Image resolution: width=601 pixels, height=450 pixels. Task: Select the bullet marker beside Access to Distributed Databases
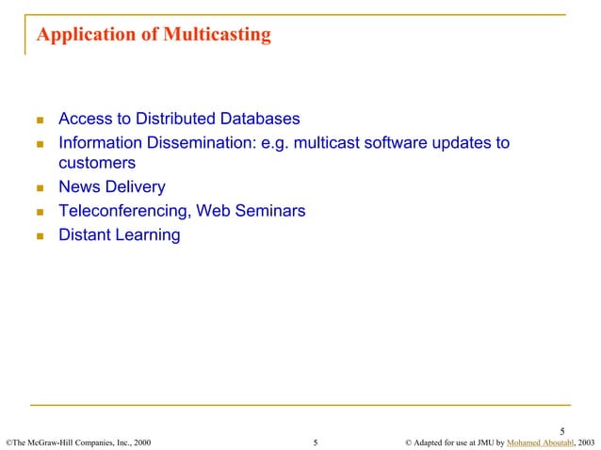[40, 121]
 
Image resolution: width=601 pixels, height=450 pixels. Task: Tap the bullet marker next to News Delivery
[40, 188]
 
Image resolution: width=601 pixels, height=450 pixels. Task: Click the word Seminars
[268, 212]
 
